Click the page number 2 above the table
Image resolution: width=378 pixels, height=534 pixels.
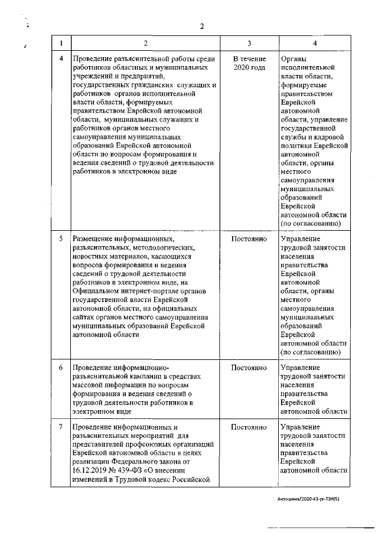[201, 25]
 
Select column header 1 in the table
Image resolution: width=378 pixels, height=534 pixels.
[62, 43]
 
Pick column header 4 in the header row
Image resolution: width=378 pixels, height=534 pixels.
[314, 43]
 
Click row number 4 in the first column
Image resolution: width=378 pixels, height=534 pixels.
[62, 59]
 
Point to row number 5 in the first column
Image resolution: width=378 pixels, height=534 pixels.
[62, 239]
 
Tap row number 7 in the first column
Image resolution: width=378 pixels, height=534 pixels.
[62, 427]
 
